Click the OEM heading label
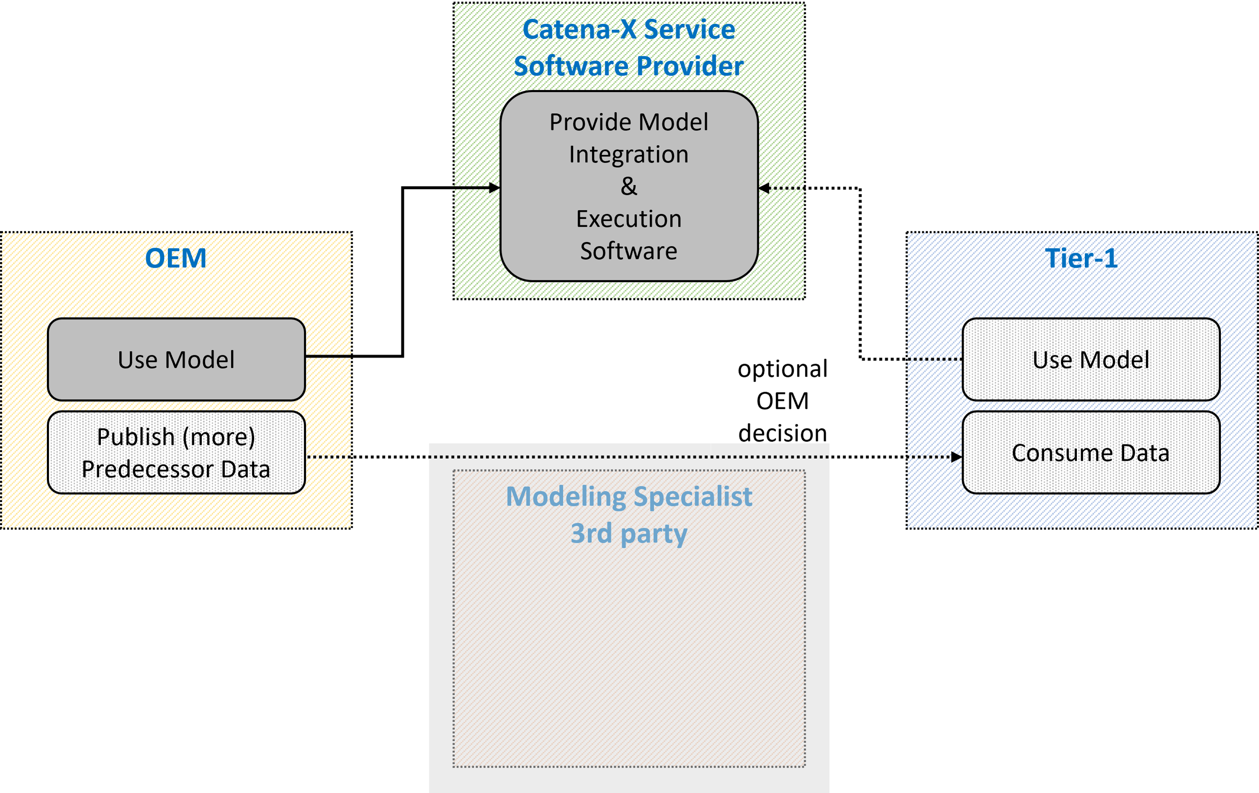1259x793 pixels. [176, 258]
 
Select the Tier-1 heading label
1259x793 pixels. [1081, 258]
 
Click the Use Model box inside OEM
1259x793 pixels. [176, 359]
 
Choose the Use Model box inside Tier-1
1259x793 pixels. [1091, 359]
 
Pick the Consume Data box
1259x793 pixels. [1091, 453]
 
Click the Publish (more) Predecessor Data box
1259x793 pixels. [176, 453]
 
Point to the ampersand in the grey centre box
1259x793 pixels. [629, 187]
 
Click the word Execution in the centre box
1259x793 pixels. [629, 219]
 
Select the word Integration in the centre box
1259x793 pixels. [629, 155]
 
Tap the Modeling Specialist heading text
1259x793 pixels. [629, 497]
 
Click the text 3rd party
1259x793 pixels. [629, 534]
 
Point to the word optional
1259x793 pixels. [783, 369]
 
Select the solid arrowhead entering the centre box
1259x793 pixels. [494, 187]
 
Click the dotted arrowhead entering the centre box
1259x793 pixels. [764, 188]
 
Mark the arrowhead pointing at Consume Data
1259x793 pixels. [956, 457]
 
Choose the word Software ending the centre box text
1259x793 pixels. [629, 252]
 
